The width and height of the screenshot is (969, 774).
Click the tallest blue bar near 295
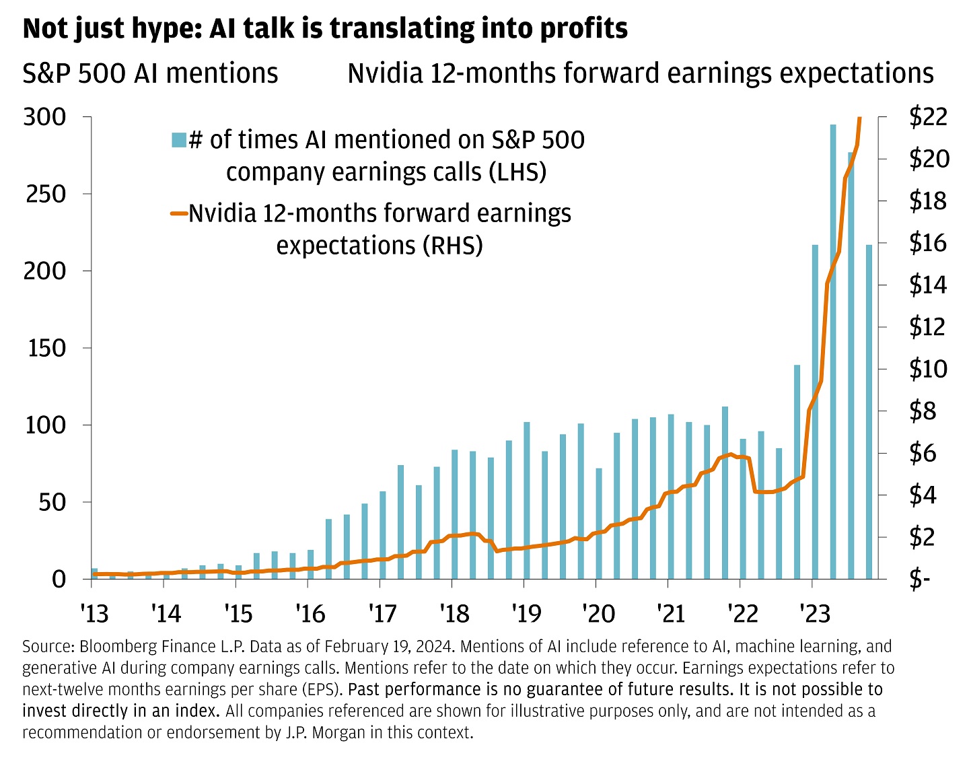832,350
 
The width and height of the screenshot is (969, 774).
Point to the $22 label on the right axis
928,117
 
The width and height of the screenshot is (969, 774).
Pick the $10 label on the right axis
928,369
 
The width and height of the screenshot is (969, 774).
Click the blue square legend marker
178,140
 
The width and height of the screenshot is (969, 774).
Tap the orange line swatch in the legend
178,214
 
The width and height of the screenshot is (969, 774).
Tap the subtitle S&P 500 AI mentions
150,73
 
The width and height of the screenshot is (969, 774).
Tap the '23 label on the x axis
813,613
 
